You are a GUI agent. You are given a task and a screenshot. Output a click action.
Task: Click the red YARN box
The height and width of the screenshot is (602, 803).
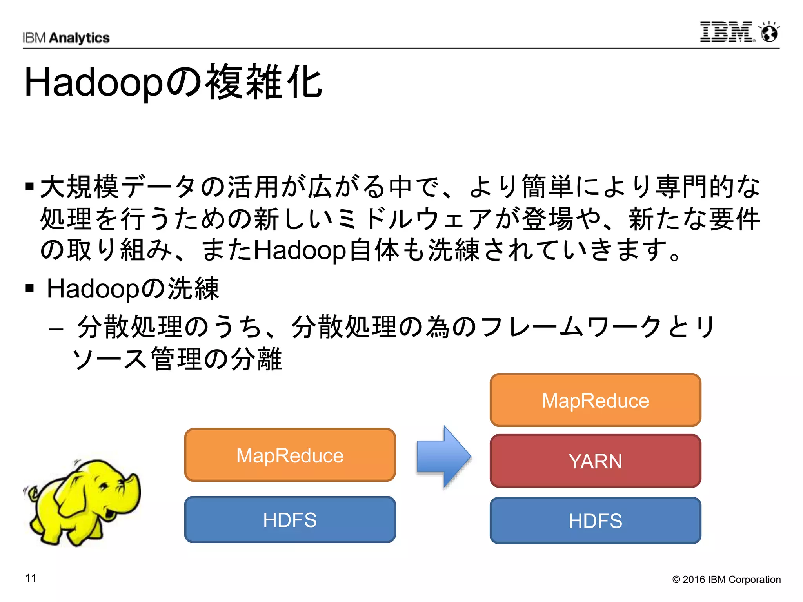595,461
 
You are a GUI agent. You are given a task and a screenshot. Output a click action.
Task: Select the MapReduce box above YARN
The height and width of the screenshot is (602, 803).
595,400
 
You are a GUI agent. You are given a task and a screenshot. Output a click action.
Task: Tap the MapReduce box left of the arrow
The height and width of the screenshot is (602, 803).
290,455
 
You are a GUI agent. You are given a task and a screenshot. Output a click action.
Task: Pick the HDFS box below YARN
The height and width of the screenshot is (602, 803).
595,520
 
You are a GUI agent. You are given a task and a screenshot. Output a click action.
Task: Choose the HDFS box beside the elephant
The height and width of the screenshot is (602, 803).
290,520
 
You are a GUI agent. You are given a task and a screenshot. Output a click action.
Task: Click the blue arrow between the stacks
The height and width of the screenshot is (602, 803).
443,457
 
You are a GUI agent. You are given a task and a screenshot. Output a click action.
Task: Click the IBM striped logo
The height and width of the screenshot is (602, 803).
726,32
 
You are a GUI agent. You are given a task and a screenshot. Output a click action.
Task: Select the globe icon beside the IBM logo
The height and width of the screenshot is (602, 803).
769,32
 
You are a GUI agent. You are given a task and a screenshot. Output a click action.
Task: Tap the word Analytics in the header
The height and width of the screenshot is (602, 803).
80,38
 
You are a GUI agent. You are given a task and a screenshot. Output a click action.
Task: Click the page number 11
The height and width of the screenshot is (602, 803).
31,578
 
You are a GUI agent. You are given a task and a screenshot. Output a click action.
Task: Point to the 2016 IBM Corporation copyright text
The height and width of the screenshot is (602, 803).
726,579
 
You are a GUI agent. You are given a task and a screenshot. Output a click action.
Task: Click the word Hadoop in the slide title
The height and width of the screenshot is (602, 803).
93,82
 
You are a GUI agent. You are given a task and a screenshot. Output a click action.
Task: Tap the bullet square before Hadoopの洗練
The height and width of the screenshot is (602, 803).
29,289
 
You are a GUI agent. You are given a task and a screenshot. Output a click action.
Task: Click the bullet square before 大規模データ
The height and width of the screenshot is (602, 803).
29,186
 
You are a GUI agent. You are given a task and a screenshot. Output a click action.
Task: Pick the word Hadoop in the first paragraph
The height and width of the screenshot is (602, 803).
300,250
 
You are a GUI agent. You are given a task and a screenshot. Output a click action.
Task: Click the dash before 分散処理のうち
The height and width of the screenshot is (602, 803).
56,328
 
